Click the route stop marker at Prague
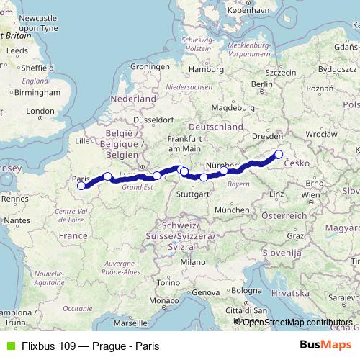pos(279,154)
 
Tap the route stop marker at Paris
pos(81,186)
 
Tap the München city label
pos(231,209)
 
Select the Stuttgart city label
pos(193,194)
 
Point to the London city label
pos(40,111)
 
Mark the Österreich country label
pos(284,216)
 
